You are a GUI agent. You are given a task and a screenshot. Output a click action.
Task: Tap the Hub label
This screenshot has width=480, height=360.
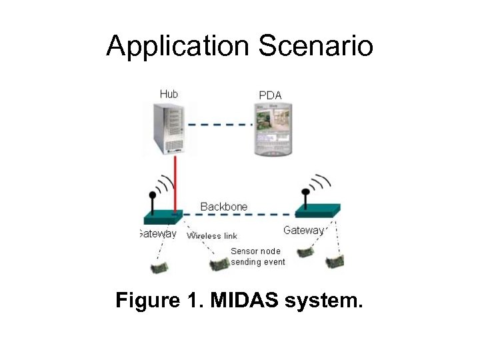pyautogui.click(x=169, y=94)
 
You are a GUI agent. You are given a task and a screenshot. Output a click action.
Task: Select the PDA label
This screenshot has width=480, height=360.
pyautogui.click(x=270, y=95)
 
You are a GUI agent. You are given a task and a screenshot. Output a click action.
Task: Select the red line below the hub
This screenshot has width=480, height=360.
pyautogui.click(x=175, y=183)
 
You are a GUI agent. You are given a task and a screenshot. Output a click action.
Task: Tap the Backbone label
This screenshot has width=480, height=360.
pyautogui.click(x=224, y=207)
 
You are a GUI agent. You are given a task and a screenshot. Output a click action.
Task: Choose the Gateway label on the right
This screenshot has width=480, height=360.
pyautogui.click(x=303, y=231)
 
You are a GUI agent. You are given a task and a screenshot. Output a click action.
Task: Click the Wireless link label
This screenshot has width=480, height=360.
pyautogui.click(x=211, y=236)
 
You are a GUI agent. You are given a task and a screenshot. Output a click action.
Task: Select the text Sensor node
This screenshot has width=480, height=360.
pyautogui.click(x=256, y=251)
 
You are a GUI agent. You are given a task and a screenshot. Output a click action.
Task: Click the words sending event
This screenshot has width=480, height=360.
pyautogui.click(x=258, y=262)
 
